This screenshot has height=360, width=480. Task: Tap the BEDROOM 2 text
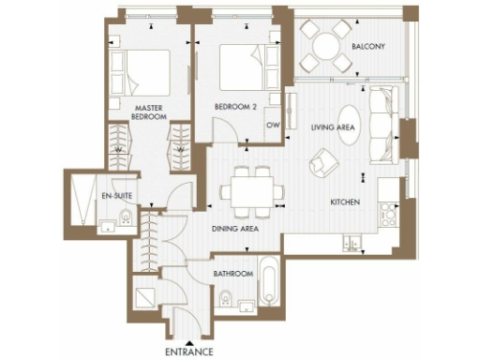click(237, 106)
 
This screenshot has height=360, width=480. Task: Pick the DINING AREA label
click(236, 228)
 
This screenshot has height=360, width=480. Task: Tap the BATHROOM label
click(233, 273)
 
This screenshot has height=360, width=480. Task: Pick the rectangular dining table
click(250, 191)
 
